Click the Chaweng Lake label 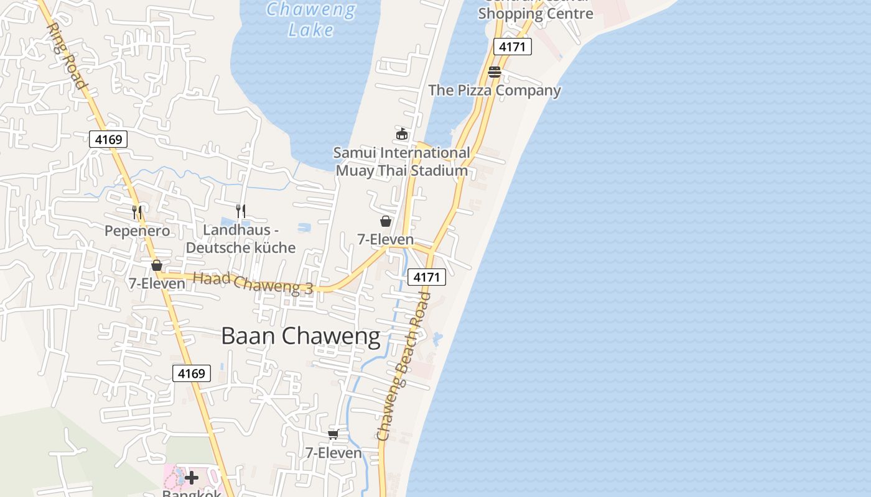(311, 20)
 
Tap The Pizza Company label (495, 90)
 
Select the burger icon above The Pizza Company (495, 72)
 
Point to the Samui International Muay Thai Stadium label (402, 162)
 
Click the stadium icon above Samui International (402, 134)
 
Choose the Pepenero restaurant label (137, 231)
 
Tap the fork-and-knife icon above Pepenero (137, 212)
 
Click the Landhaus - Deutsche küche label (241, 239)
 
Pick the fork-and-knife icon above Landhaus (241, 211)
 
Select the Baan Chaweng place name (300, 336)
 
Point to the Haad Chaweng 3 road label (253, 283)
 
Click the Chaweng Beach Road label (404, 367)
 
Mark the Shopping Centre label (536, 13)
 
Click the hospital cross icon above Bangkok (192, 478)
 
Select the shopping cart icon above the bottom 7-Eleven (333, 434)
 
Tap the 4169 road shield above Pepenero (108, 139)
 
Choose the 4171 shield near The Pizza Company (513, 47)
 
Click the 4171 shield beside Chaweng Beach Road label (427, 277)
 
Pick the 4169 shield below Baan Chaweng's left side (192, 373)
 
